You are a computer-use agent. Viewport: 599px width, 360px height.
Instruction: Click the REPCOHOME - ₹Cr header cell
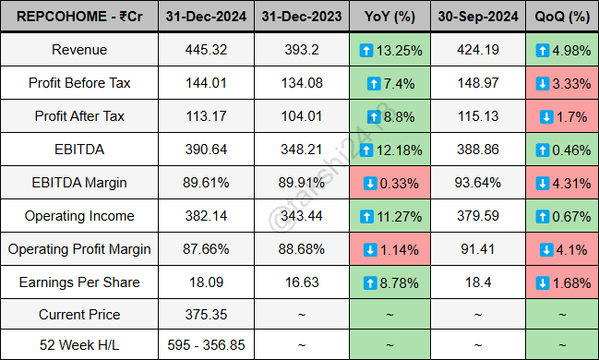78,17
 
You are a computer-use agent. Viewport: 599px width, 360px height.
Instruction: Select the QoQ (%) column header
559,17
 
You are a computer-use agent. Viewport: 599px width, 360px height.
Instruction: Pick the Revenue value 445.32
206,50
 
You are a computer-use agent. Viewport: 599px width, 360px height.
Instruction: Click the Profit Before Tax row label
78,83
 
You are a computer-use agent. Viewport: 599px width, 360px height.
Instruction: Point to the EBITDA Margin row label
78,183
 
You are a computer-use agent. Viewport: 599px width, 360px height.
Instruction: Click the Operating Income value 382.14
206,216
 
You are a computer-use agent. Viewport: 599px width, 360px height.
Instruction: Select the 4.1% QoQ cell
559,249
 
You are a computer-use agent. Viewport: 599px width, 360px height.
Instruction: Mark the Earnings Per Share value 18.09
206,282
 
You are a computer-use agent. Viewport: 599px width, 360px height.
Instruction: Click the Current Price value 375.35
206,315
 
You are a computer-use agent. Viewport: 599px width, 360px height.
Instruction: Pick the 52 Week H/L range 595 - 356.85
206,344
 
